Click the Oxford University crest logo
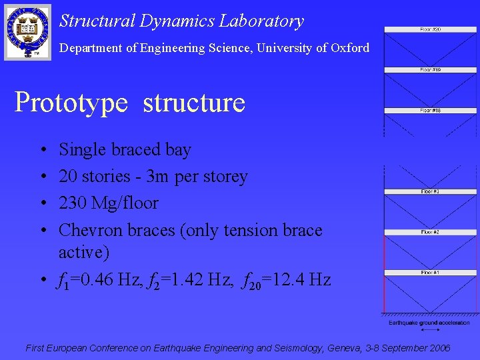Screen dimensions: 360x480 (x=27, y=31)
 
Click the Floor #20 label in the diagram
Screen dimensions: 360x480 (x=430, y=29)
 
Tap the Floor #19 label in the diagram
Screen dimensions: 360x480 (x=430, y=70)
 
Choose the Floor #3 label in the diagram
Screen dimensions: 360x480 (x=430, y=192)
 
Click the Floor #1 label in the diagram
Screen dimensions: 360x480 (x=430, y=273)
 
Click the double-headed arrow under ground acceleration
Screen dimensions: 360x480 (x=429, y=330)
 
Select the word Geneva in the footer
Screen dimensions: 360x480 (x=345, y=348)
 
